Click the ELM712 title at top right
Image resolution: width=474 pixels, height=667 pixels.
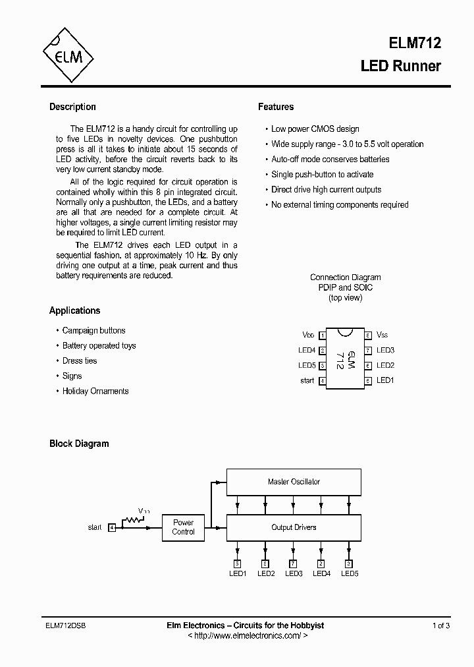coord(414,43)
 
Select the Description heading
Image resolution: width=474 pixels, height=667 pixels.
coord(72,107)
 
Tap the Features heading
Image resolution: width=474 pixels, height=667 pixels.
coord(276,107)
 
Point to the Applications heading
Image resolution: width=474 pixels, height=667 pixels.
coord(74,310)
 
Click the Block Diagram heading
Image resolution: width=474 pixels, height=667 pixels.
coord(79,444)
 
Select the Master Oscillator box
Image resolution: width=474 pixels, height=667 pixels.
coord(294,482)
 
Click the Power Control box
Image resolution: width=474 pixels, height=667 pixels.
coord(183,527)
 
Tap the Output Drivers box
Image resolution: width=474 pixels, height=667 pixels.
coord(294,527)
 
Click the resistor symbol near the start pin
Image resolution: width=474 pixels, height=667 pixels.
coord(135,521)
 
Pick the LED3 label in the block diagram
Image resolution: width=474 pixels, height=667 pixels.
coord(294,573)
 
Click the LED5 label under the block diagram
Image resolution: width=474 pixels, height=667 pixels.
coord(350,573)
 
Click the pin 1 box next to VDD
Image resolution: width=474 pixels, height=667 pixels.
coord(323,335)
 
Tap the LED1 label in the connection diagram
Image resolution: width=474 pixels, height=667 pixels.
coord(385,380)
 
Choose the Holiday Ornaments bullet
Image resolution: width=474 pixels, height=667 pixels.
coord(95,391)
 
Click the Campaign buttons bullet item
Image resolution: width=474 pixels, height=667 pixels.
coord(93,330)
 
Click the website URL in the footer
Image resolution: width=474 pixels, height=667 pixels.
coord(248,635)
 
